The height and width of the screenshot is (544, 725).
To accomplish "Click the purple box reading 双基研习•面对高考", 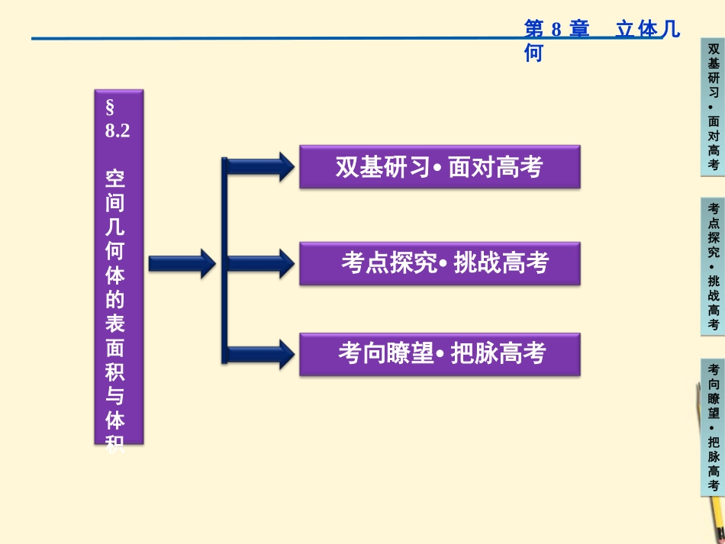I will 440,167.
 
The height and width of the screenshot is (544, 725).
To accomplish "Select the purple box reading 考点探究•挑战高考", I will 440,263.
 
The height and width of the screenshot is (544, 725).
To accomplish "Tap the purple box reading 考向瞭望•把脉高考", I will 440,353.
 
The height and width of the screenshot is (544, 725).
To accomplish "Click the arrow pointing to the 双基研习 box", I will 259,166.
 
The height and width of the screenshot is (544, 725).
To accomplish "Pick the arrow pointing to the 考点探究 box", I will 259,264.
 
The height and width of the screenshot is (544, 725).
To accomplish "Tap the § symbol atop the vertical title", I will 111,104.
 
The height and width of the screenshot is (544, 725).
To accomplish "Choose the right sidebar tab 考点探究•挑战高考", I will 713,266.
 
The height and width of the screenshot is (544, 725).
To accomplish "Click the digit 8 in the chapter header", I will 556,30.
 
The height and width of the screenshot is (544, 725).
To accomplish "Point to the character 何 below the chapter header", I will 533,53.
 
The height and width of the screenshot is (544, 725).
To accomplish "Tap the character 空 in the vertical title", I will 115,179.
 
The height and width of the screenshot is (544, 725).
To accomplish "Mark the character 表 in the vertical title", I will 115,324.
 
